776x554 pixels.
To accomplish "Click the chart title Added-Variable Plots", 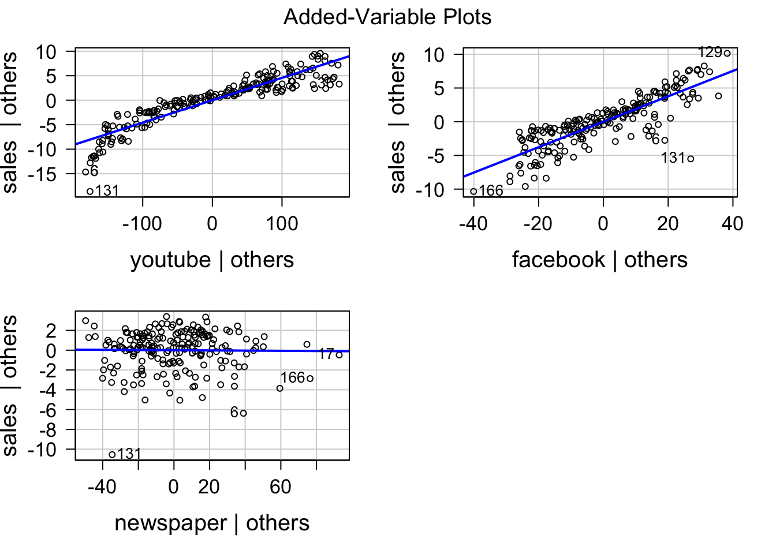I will [387, 17].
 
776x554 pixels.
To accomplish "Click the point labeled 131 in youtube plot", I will [90, 192].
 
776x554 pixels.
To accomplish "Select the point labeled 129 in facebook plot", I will [727, 54].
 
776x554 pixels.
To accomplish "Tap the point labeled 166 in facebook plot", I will [473, 192].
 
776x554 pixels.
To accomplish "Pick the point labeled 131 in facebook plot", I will [691, 159].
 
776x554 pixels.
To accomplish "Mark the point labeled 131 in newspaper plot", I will [112, 454].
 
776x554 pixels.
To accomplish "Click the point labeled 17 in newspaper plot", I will [339, 355].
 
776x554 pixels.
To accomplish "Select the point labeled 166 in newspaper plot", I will [310, 379].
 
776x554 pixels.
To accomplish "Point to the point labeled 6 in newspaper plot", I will [243, 413].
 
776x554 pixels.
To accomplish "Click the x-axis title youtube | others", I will [212, 260].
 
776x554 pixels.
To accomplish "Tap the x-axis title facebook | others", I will [599, 260].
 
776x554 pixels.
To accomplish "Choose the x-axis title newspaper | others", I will [212, 523].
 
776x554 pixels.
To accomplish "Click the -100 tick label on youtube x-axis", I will [142, 224].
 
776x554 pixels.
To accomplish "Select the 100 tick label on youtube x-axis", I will [282, 224].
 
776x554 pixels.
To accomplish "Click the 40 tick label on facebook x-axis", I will [732, 224].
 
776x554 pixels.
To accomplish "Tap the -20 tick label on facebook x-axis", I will [538, 224].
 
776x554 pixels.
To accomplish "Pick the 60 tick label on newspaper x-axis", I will [281, 488].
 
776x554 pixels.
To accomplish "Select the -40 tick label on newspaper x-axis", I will [102, 488].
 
